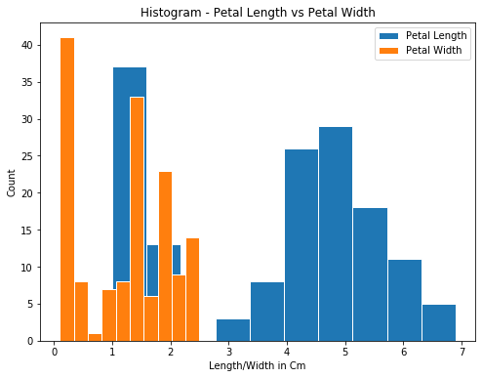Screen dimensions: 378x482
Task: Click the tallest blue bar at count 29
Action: [x=335, y=233]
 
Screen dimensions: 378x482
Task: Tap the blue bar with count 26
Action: [x=301, y=244]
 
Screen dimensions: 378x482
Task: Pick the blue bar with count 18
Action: [x=370, y=274]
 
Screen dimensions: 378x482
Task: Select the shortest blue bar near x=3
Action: [x=232, y=330]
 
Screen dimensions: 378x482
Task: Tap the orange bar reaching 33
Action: [x=137, y=219]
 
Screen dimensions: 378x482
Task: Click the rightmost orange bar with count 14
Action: [x=192, y=289]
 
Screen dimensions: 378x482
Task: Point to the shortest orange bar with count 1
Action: [x=95, y=337]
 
